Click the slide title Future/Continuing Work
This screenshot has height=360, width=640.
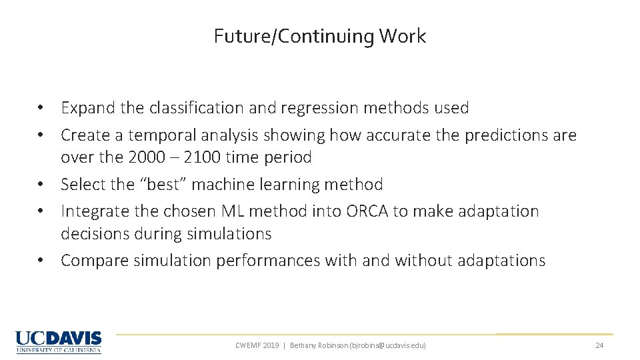pos(319,36)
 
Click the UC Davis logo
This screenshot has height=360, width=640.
pos(59,342)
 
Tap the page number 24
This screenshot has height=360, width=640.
pos(599,345)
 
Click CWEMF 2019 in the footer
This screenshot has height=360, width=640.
pos(257,345)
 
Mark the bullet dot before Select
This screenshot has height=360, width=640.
pos(41,185)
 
